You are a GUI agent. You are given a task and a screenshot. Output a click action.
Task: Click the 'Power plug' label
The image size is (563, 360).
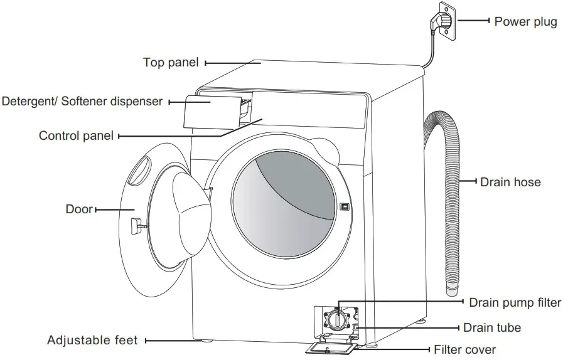(x=525, y=22)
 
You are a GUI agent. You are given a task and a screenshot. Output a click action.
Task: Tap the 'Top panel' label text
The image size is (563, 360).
(x=171, y=63)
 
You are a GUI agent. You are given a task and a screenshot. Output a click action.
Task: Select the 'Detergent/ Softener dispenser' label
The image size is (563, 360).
(x=82, y=101)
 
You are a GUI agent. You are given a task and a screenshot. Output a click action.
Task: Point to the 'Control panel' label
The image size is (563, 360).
(x=76, y=135)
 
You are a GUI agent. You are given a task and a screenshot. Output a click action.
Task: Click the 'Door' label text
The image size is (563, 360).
(x=79, y=209)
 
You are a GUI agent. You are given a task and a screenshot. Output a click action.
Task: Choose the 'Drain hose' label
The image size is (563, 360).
(x=510, y=182)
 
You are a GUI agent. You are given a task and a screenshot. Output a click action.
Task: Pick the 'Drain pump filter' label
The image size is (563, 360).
(x=515, y=302)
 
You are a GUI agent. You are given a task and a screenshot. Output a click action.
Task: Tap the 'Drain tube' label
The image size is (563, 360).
(x=491, y=327)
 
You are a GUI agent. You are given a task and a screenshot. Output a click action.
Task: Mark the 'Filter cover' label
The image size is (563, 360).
(x=464, y=349)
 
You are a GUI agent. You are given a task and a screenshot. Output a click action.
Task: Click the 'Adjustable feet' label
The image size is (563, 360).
(x=92, y=341)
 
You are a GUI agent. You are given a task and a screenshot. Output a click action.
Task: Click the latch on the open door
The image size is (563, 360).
(x=135, y=225)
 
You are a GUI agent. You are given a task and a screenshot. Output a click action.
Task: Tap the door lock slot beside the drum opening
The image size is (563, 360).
(x=345, y=206)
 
